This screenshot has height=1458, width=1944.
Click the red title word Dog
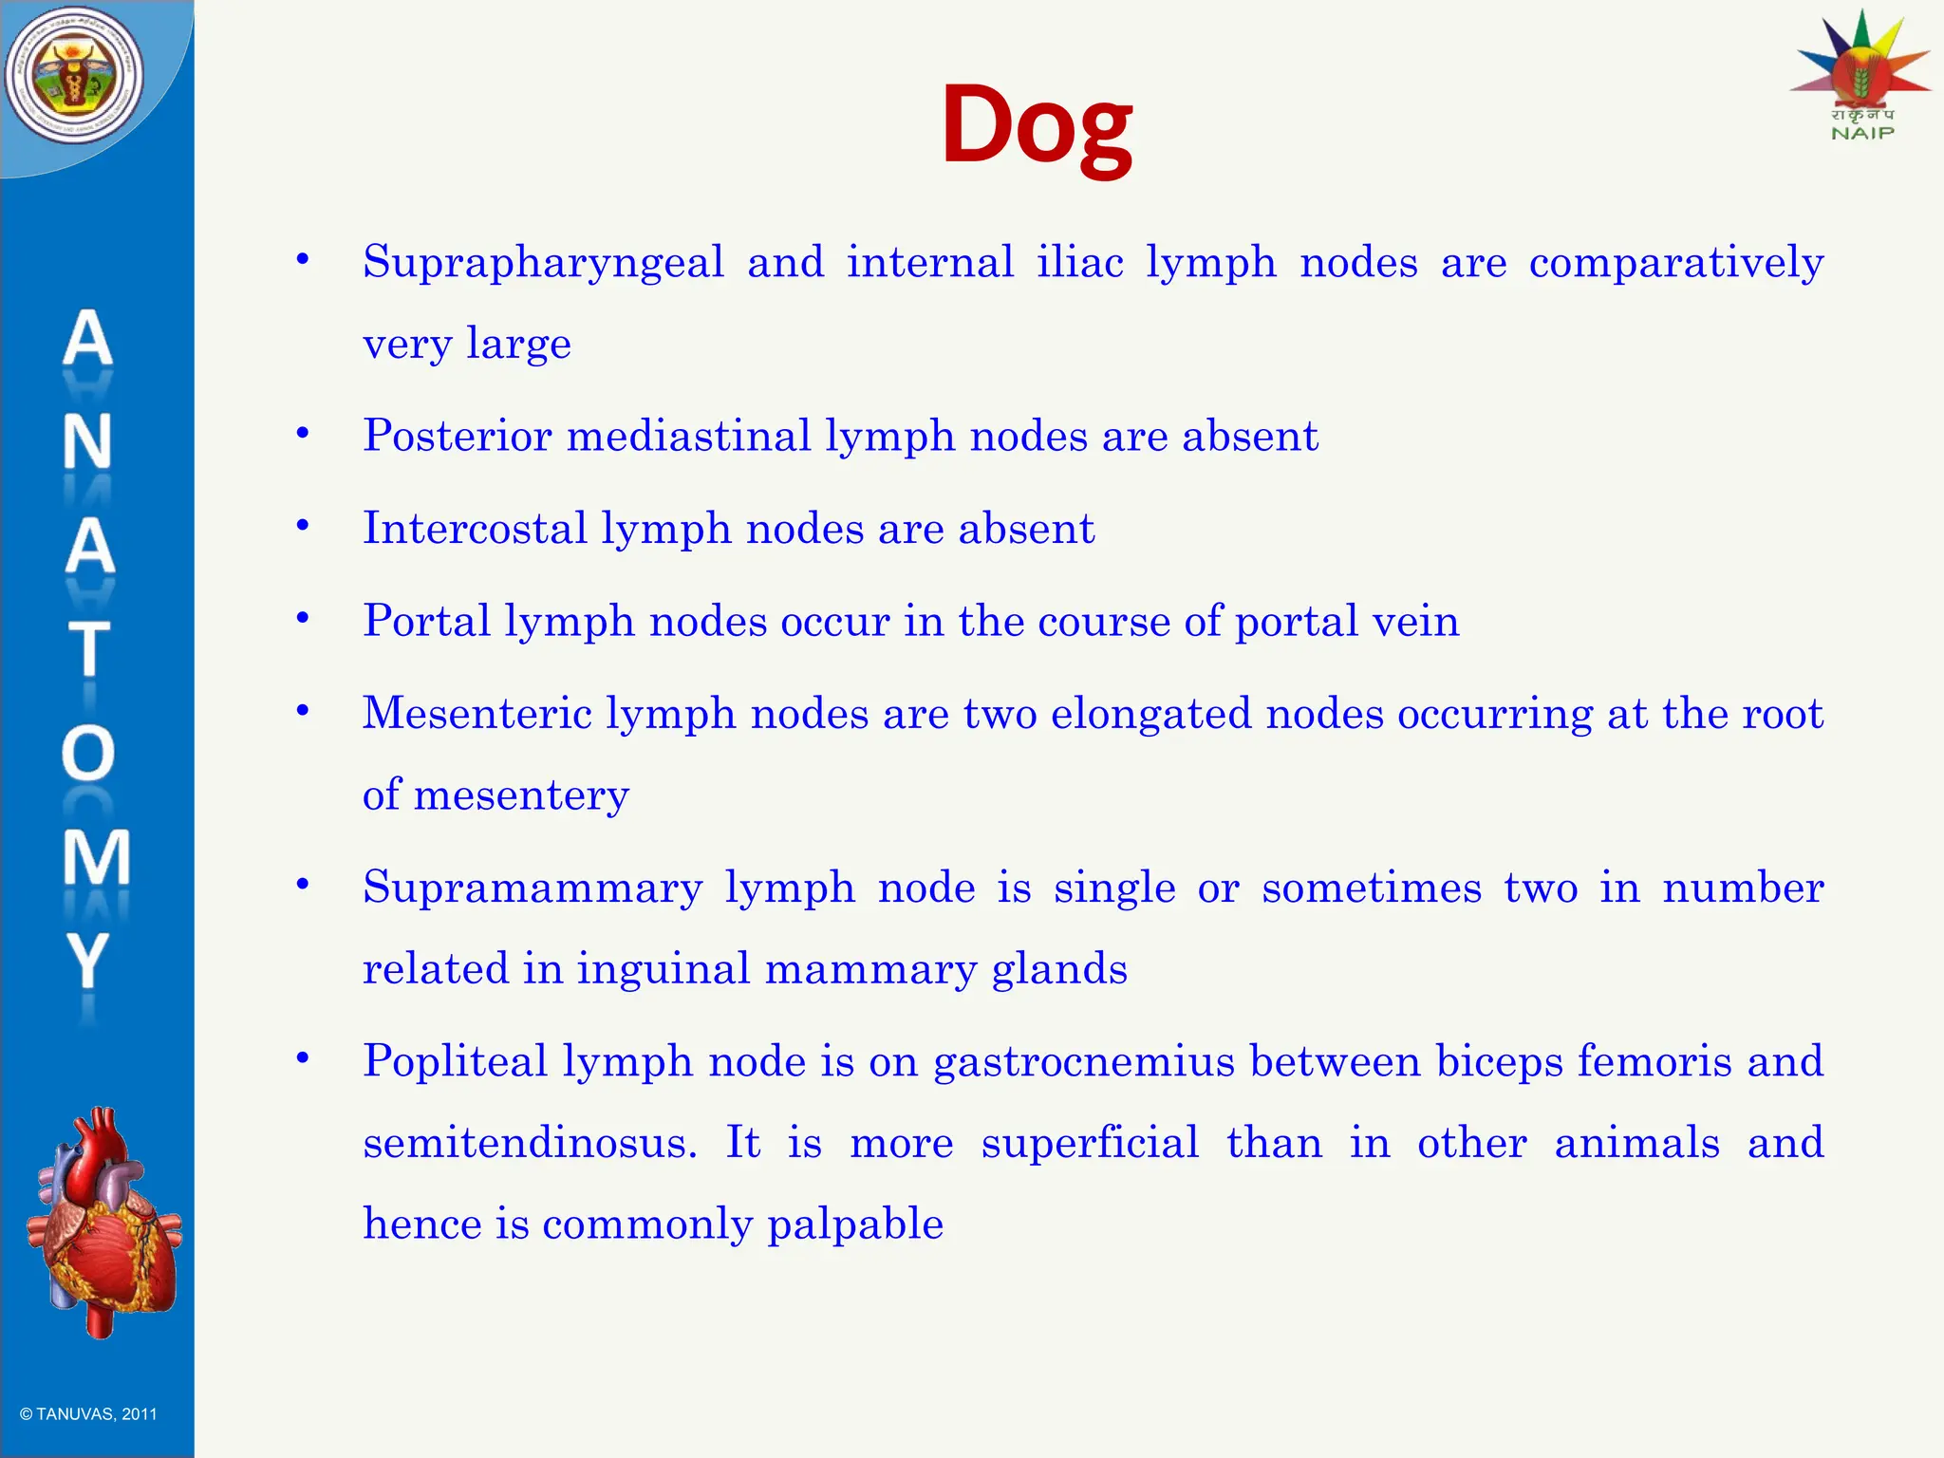(x=1037, y=125)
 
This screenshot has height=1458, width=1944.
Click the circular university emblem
(x=74, y=76)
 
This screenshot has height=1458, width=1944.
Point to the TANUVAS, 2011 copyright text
(x=88, y=1414)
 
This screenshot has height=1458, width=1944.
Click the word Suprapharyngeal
(x=543, y=263)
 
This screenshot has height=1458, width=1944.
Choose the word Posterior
(x=457, y=437)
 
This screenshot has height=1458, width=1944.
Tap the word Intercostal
(x=475, y=529)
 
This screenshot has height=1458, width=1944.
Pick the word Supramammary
(x=533, y=888)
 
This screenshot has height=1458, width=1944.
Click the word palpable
(x=855, y=1224)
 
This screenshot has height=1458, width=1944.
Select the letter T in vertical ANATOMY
(x=88, y=649)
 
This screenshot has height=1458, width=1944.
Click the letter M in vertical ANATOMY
(x=95, y=857)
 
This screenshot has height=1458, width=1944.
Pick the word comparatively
(x=1675, y=263)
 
